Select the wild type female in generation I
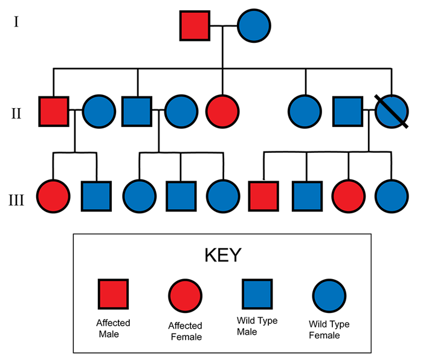253,26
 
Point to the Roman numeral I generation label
17,24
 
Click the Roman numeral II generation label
17,112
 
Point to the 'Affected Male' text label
113,328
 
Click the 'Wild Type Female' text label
329,330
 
